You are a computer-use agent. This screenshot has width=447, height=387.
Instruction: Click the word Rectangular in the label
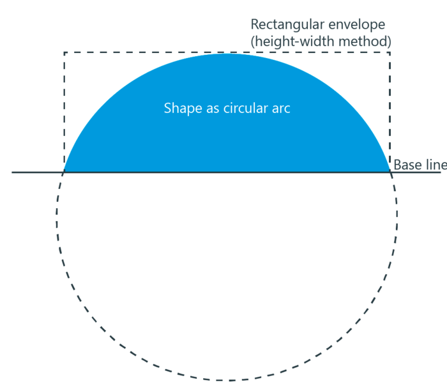tap(287, 25)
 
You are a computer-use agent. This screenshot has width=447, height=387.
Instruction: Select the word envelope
tap(356, 25)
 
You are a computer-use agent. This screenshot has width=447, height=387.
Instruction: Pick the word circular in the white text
tap(246, 109)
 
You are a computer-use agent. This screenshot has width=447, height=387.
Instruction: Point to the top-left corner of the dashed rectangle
tap(64, 52)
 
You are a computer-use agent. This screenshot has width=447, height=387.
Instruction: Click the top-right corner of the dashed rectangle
tap(390, 52)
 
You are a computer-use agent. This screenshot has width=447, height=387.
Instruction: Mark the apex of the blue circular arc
tap(227, 54)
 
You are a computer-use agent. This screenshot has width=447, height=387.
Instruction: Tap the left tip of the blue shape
tap(64, 172)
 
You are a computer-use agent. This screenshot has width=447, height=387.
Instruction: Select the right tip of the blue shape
tap(390, 172)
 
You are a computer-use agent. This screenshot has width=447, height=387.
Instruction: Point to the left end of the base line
tap(12, 172)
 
